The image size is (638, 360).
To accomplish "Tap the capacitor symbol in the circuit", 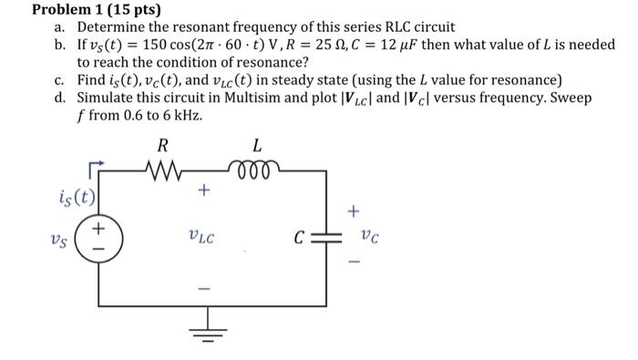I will [x=326, y=238].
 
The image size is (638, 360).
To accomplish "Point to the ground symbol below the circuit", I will [x=212, y=324].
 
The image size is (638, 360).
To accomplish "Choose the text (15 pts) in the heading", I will [x=133, y=10].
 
